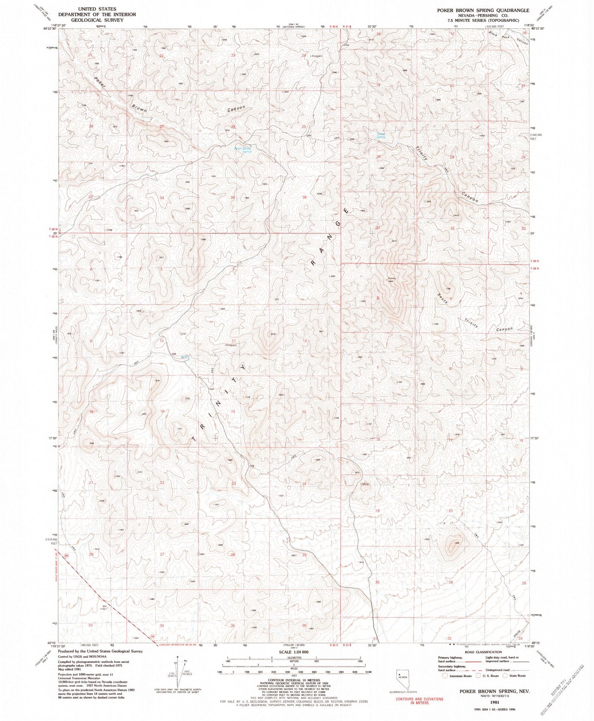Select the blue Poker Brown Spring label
(x=243, y=150)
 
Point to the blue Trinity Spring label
(x=381, y=135)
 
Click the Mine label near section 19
(x=365, y=483)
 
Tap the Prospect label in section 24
(x=316, y=56)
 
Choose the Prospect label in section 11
(x=230, y=345)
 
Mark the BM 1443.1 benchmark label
(x=105, y=607)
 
